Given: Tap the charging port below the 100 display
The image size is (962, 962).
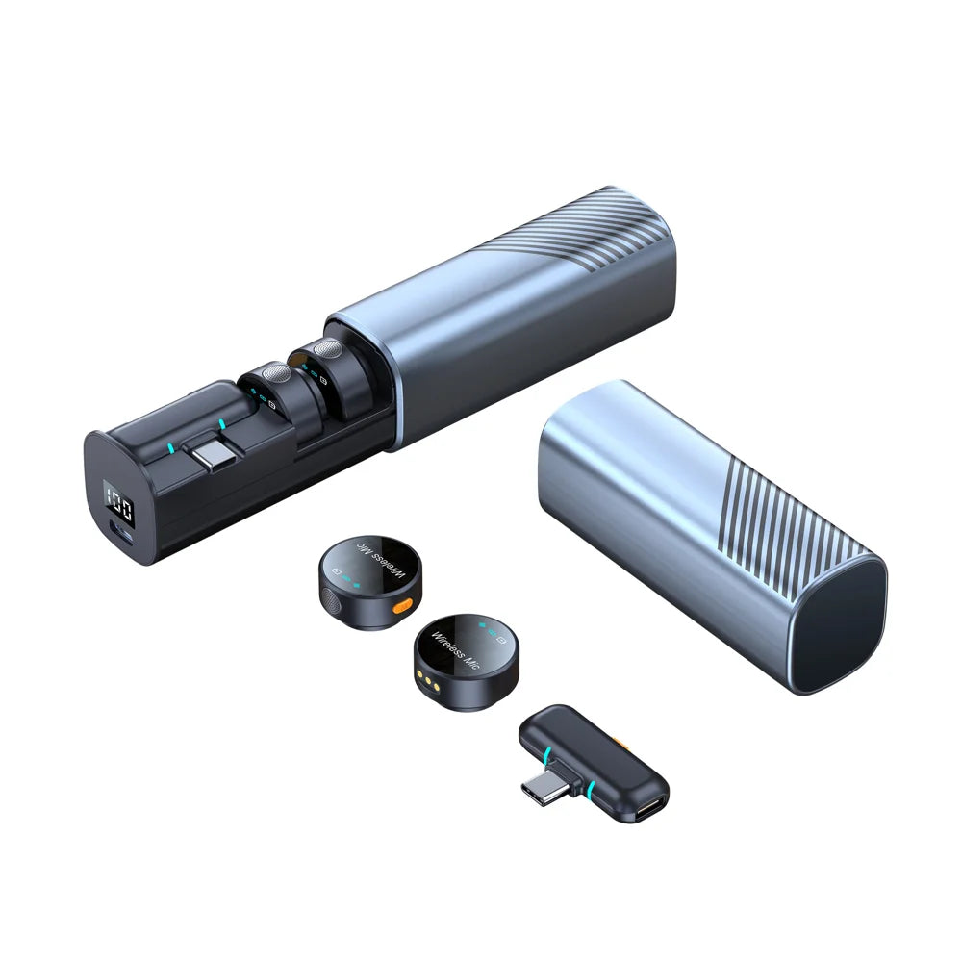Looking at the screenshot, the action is coord(121,533).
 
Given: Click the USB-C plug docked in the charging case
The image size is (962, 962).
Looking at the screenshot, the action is coord(213,455).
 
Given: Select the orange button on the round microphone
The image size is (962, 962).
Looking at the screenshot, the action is coord(402,607).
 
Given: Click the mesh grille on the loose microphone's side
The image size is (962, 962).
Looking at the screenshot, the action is coord(332,600).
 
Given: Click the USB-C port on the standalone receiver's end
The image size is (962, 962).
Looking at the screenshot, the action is coord(649,809).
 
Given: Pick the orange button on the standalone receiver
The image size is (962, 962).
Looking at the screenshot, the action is coord(622,744).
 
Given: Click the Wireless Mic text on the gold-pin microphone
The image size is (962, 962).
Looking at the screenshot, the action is coord(455,650).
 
